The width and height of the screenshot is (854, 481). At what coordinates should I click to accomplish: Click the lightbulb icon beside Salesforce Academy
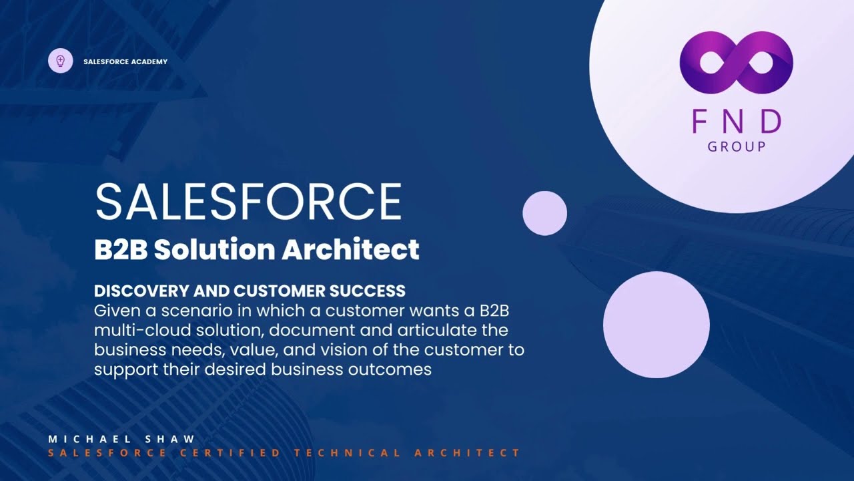[61, 61]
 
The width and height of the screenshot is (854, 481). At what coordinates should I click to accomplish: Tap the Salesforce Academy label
[125, 62]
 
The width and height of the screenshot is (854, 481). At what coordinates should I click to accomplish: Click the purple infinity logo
[736, 62]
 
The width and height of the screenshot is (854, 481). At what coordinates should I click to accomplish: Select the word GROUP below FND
[737, 146]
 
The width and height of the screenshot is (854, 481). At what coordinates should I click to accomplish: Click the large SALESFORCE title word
[248, 201]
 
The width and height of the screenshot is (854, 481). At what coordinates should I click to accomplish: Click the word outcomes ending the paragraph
[390, 369]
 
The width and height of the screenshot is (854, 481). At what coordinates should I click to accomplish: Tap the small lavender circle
[544, 213]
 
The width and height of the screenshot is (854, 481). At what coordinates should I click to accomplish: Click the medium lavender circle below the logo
[656, 325]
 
